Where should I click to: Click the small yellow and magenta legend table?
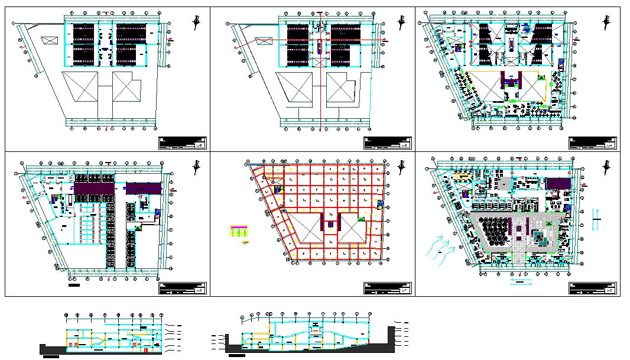(x=239, y=231)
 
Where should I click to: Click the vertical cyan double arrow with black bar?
(x=596, y=219)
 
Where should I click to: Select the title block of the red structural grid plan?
(x=388, y=288)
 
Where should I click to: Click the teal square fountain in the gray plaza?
(x=540, y=238)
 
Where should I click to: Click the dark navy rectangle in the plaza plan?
(x=558, y=183)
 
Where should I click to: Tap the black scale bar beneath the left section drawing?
(x=50, y=356)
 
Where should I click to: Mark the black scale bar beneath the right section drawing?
(x=236, y=356)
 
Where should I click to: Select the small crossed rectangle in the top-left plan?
(x=48, y=40)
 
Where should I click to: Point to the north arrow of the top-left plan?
(x=196, y=22)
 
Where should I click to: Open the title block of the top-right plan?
(x=593, y=142)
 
